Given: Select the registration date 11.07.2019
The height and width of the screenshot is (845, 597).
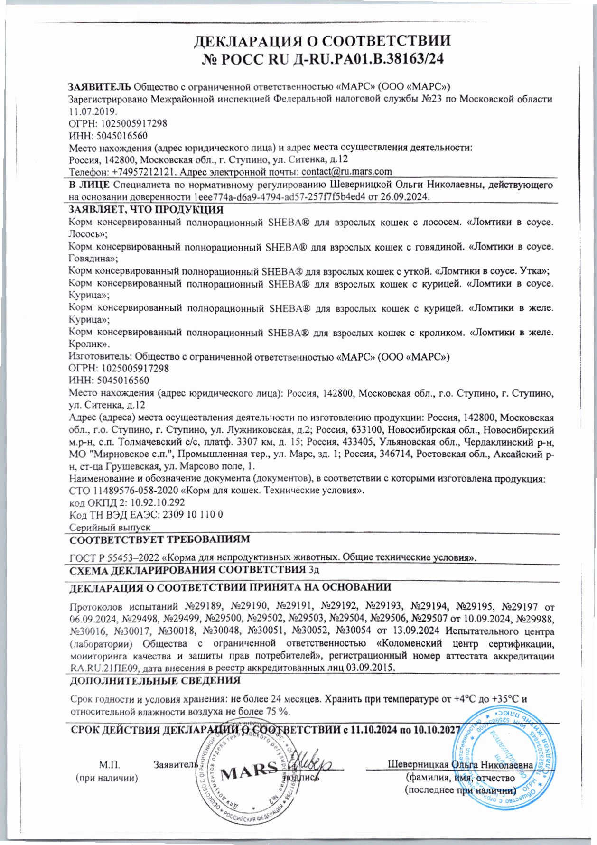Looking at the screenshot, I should (x=93, y=111).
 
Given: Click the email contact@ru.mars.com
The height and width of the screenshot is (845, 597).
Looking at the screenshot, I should (x=346, y=171).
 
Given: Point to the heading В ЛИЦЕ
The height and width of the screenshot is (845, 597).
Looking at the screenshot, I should (x=89, y=185).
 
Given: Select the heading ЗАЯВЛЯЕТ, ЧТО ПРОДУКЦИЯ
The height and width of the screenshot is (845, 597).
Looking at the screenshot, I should (x=146, y=210).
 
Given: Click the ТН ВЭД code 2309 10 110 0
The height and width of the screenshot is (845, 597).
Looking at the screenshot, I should (x=193, y=515).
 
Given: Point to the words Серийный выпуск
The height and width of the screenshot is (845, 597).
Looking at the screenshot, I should (x=110, y=527).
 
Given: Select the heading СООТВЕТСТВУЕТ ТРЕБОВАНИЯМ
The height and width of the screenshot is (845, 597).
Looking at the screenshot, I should (x=159, y=539).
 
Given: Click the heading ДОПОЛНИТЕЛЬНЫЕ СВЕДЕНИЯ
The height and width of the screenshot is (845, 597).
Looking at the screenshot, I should (x=155, y=680).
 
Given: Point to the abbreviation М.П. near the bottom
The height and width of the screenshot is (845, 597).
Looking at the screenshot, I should (x=110, y=765).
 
